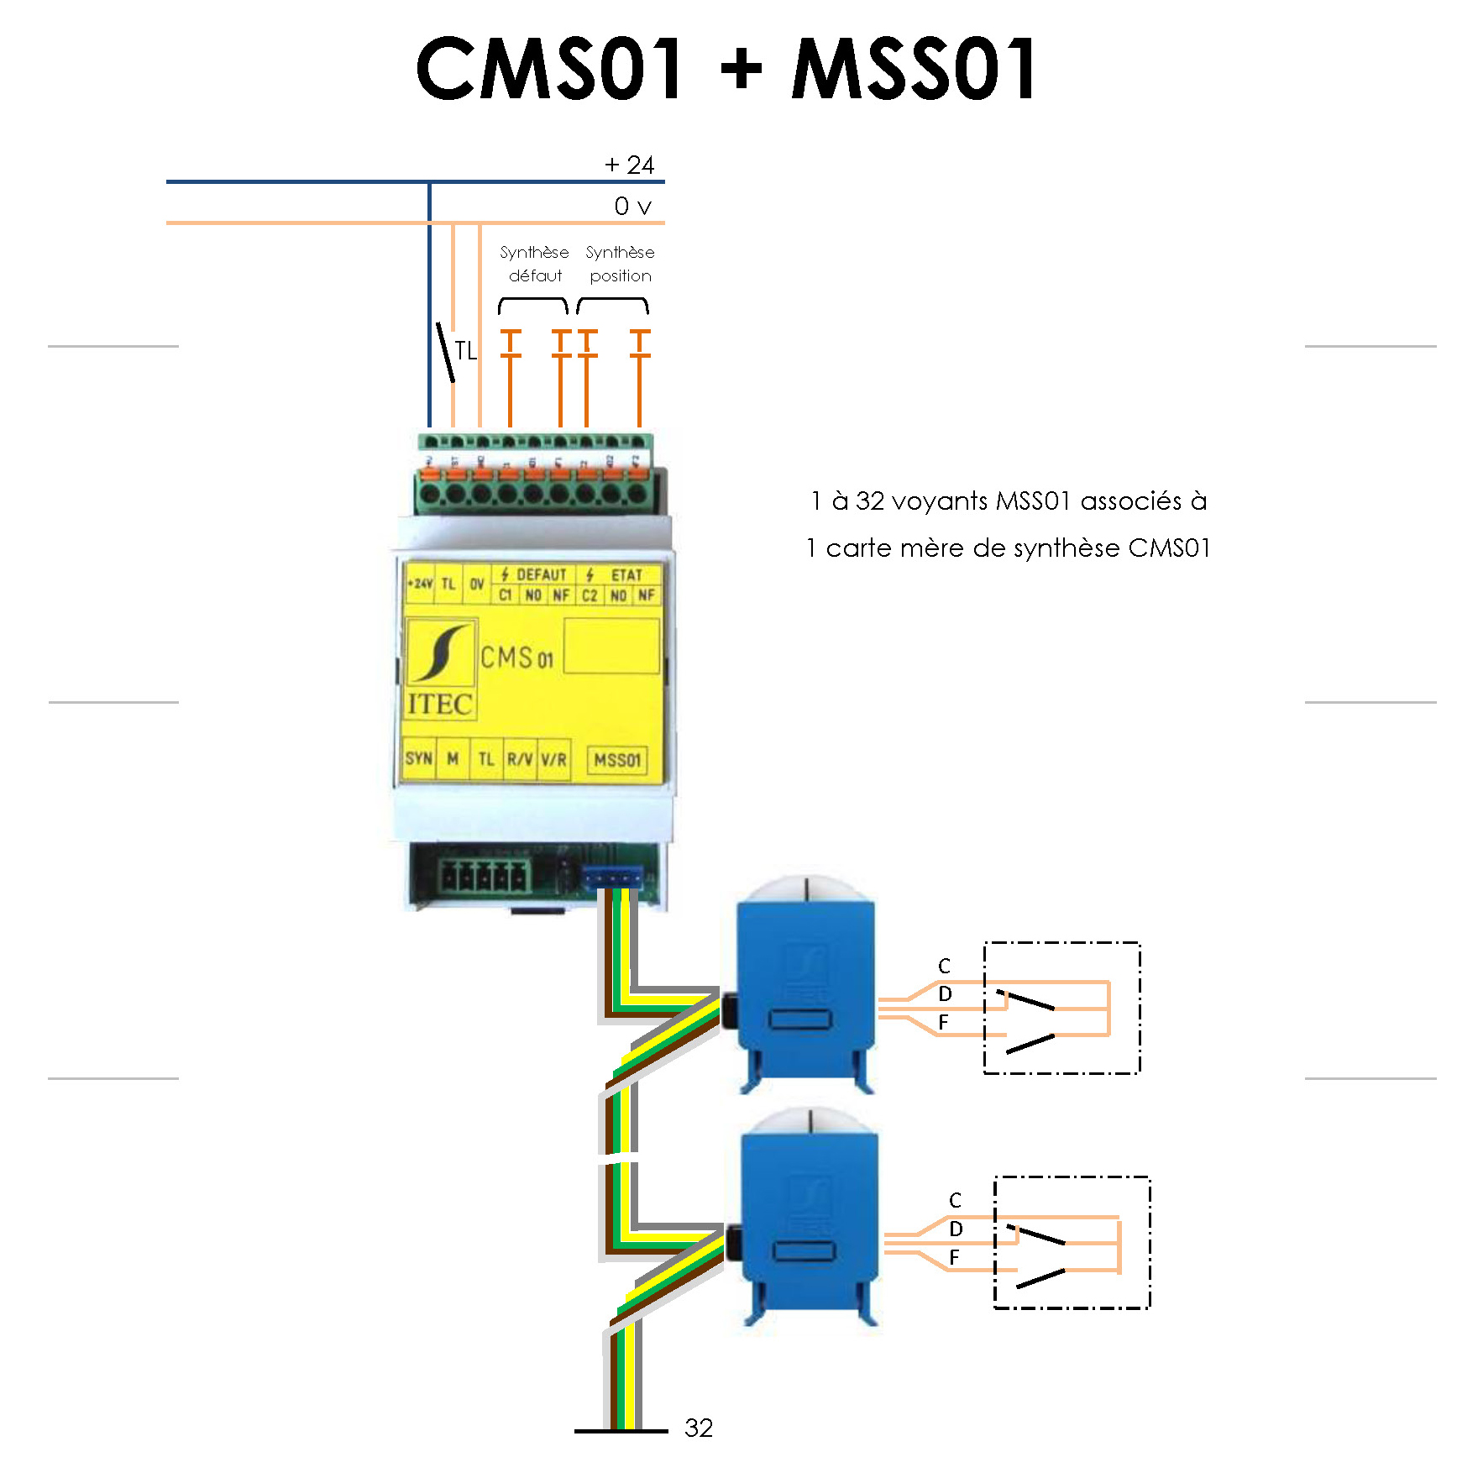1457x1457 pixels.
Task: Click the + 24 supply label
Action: (x=629, y=165)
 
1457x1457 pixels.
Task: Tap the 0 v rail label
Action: (x=632, y=207)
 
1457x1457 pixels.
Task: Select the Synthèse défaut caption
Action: (x=534, y=264)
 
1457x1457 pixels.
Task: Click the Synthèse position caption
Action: (x=620, y=264)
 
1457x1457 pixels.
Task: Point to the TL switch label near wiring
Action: (x=465, y=351)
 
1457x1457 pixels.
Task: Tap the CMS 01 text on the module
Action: (x=516, y=658)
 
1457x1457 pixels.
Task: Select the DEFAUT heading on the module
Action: (x=541, y=574)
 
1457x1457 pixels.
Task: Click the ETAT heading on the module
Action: (x=626, y=575)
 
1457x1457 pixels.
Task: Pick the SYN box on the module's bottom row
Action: (x=418, y=759)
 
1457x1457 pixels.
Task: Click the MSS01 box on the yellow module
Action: (x=617, y=760)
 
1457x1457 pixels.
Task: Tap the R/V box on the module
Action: (x=520, y=759)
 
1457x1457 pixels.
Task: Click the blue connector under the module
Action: (x=613, y=878)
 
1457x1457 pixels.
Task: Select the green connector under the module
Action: (x=483, y=878)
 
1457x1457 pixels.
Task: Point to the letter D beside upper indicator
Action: (x=945, y=994)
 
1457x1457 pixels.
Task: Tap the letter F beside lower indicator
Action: (x=954, y=1257)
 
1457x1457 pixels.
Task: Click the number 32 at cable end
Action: (x=699, y=1428)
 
